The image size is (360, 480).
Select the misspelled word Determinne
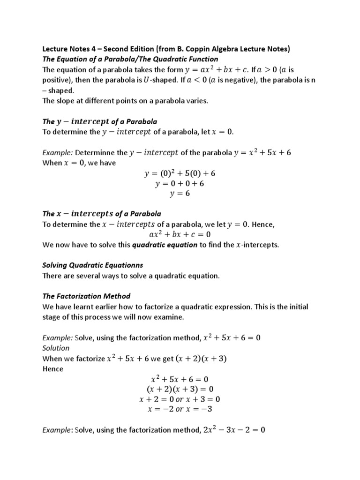coord(96,152)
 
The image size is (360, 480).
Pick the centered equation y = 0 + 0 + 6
coord(180,183)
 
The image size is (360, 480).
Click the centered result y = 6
coord(180,194)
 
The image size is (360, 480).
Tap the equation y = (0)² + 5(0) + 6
coord(180,173)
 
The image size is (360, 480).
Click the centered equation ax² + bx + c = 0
coord(180,234)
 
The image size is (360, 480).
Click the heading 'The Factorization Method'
coord(87,296)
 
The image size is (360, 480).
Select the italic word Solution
coord(56,348)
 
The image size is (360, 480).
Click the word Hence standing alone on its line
coord(53,368)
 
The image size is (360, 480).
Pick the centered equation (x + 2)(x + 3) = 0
coord(180,389)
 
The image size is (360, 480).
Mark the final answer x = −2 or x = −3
coord(180,409)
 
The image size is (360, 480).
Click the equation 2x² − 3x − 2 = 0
coord(235,429)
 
